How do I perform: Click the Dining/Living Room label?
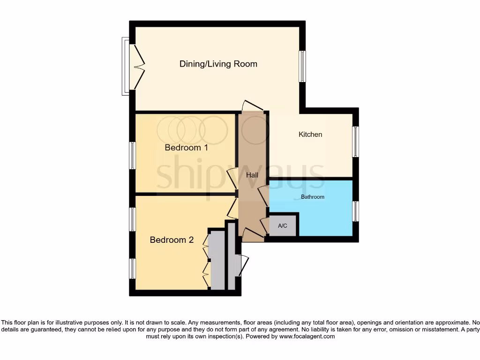(x=218, y=64)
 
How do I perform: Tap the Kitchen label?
(x=310, y=135)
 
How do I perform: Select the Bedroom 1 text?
(x=186, y=148)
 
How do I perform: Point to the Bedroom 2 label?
(x=172, y=240)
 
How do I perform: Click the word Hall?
(x=252, y=175)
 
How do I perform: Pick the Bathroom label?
(x=312, y=197)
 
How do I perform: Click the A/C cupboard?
(x=283, y=226)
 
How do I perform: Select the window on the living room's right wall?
(x=302, y=66)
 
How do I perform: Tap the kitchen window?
(x=356, y=142)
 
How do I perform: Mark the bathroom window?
(x=356, y=211)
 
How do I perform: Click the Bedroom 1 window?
(x=133, y=155)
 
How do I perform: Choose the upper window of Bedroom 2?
(x=133, y=219)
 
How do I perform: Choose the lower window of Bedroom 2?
(x=133, y=269)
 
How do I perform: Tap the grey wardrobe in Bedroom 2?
(x=217, y=260)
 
